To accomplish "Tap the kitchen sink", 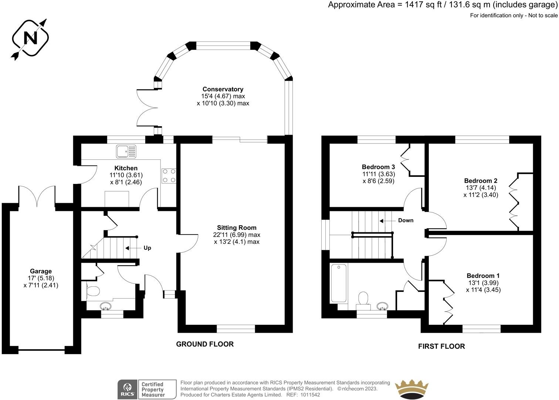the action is tap(126, 151).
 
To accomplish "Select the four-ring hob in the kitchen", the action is tap(169, 176).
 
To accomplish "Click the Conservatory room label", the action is tap(223, 89).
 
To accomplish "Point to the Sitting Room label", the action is tap(237, 228).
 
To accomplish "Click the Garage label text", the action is tap(41, 271).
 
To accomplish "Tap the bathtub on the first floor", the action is tap(339, 283).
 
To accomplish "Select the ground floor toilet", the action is tap(92, 291).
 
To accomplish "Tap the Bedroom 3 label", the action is tap(378, 167).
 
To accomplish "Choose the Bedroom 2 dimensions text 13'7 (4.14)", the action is tap(481, 188).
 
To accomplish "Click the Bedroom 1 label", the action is tap(483, 276).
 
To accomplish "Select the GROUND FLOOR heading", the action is tap(205, 344).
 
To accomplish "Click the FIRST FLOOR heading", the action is tap(441, 346).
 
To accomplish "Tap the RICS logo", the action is tap(127, 389).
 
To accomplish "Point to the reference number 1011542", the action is tap(310, 395).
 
